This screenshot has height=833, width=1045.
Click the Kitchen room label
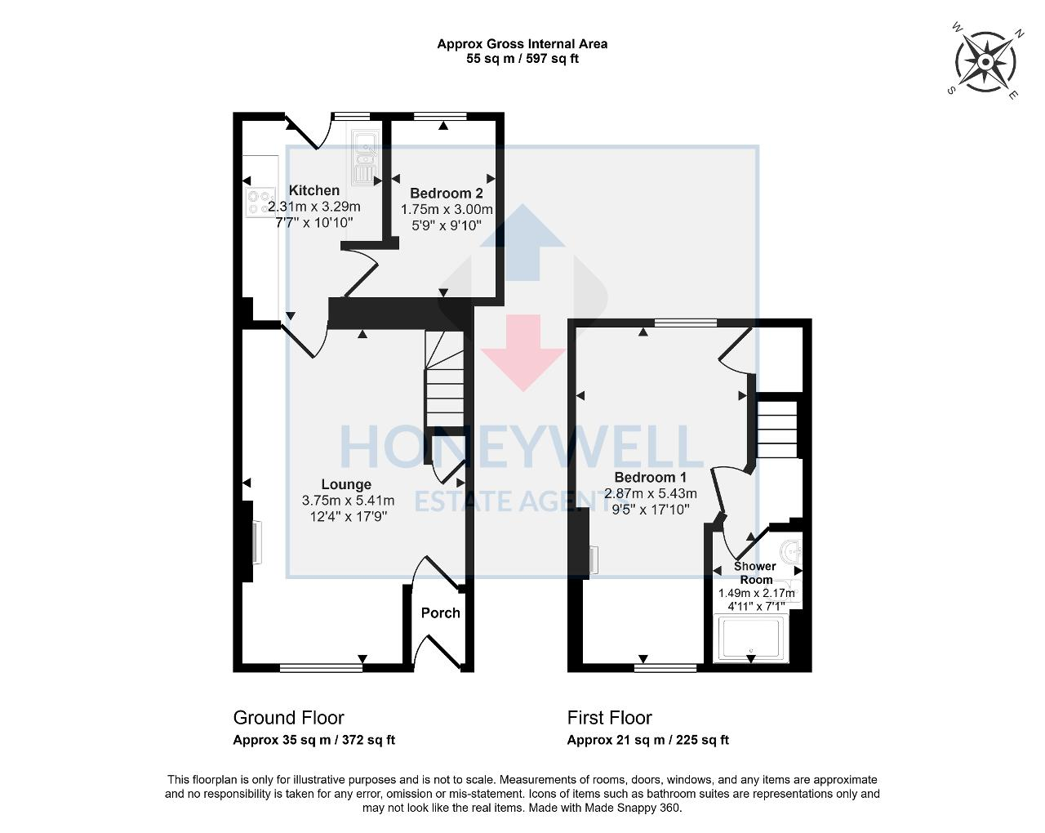(x=314, y=190)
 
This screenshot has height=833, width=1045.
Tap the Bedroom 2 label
(x=446, y=194)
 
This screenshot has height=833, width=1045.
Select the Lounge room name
(x=346, y=484)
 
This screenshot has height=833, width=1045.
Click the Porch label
(x=440, y=612)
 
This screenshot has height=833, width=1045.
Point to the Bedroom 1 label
(x=650, y=477)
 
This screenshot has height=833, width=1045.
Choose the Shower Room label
(x=755, y=572)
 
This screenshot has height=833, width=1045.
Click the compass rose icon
(x=985, y=63)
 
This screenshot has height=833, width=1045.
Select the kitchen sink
(x=363, y=157)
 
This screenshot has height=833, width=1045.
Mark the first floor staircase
(x=776, y=429)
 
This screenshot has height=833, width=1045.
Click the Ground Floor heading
(x=288, y=718)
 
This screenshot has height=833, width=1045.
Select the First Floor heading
(x=609, y=718)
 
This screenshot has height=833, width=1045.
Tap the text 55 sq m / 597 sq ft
(x=522, y=59)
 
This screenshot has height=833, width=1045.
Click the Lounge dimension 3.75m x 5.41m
(x=348, y=501)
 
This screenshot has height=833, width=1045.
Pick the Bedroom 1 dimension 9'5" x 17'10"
(x=650, y=509)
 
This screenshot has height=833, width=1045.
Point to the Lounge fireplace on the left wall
(x=255, y=543)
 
